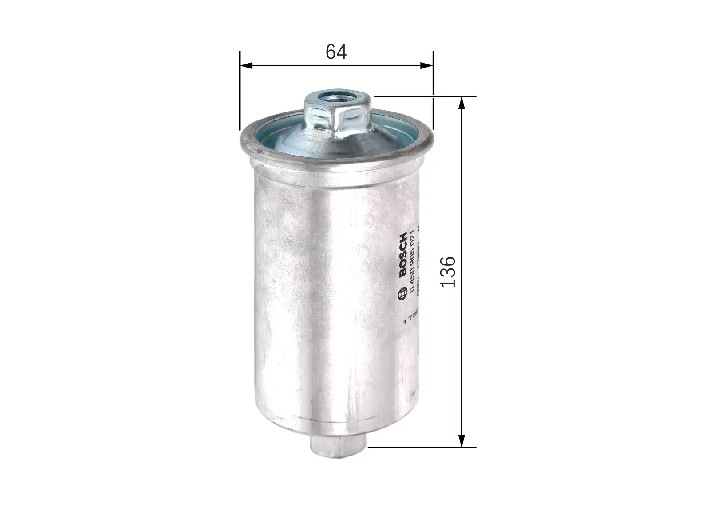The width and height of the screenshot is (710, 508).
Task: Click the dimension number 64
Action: tap(336, 52)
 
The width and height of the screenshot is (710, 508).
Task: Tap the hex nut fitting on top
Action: tap(336, 113)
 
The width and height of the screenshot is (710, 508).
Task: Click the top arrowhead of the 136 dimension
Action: tap(462, 103)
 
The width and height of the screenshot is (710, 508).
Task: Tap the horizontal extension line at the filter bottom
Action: tap(422, 447)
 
